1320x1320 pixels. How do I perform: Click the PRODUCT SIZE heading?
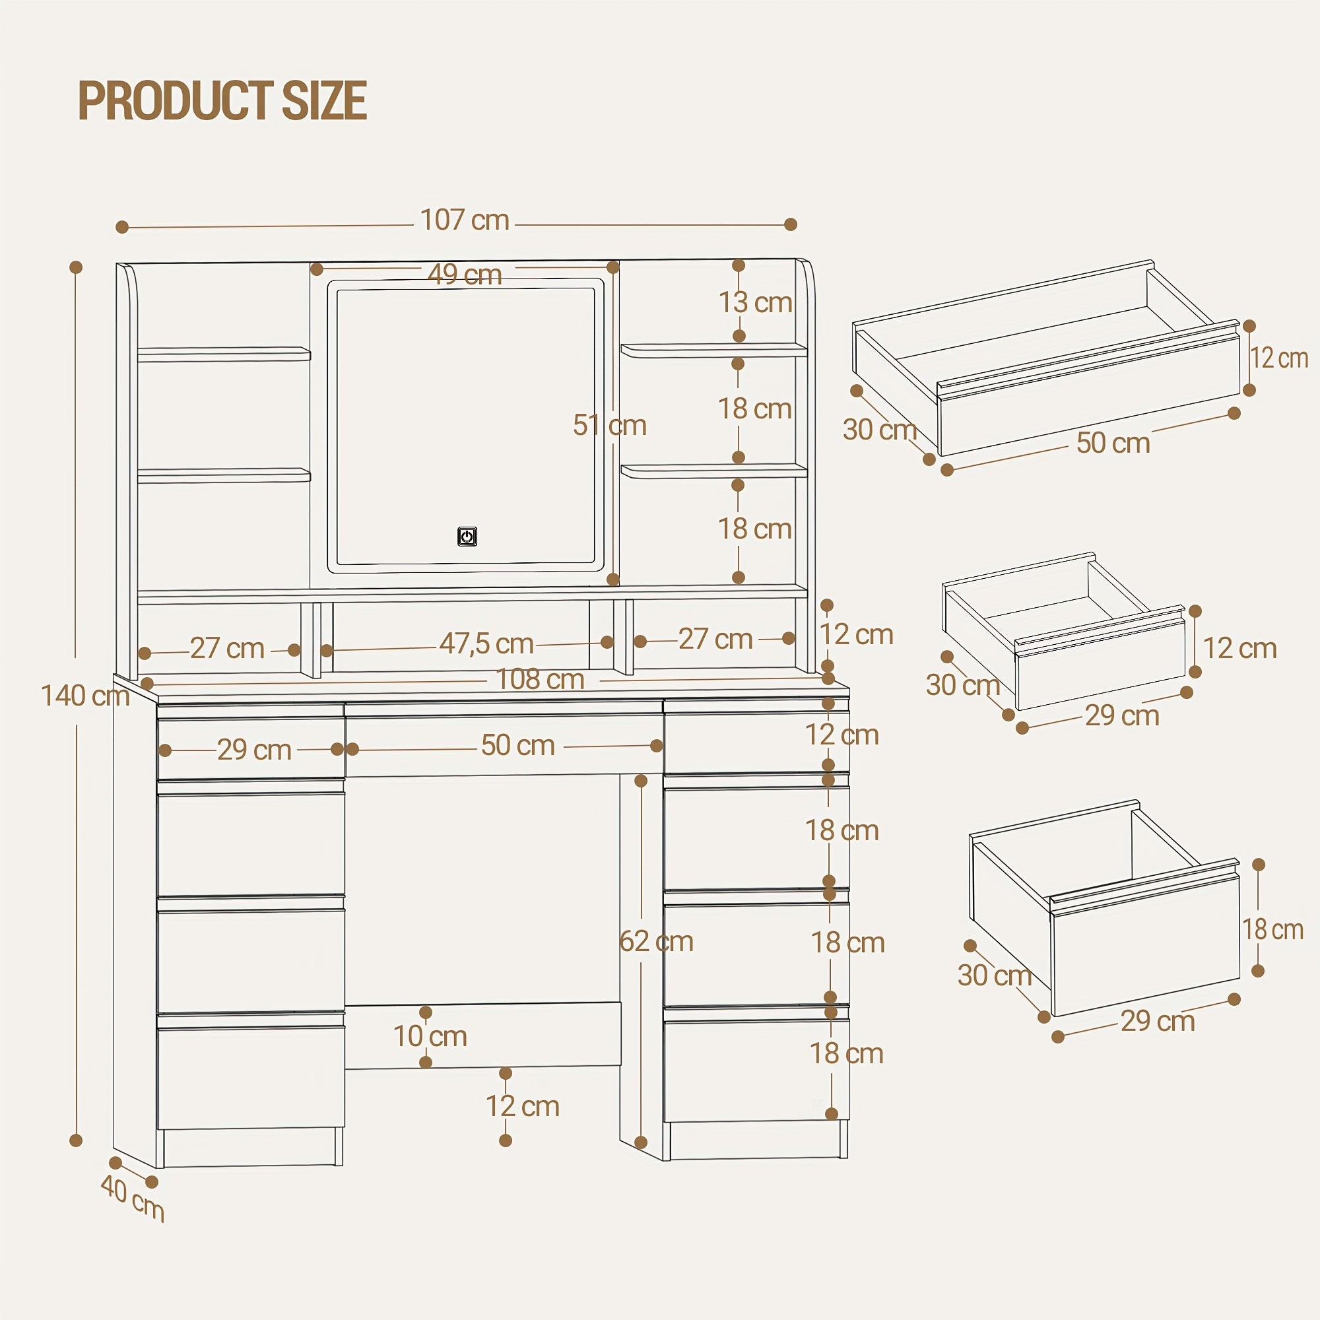click(x=222, y=100)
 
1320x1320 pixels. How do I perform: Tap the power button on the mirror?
click(x=467, y=537)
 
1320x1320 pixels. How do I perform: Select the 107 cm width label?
click(x=465, y=220)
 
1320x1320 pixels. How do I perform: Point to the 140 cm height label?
click(x=85, y=696)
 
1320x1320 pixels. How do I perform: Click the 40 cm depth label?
click(x=133, y=1206)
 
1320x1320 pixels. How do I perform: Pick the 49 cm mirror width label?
click(x=465, y=275)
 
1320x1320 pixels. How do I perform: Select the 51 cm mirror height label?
click(x=609, y=425)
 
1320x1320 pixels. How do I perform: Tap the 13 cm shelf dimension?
click(x=755, y=302)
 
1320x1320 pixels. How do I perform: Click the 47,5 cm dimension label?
click(x=486, y=643)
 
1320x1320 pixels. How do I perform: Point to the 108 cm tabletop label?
click(x=540, y=679)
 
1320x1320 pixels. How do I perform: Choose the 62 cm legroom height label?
click(x=657, y=942)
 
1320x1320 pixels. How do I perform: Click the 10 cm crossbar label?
click(x=430, y=1036)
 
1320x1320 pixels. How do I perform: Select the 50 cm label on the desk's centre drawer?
click(x=518, y=745)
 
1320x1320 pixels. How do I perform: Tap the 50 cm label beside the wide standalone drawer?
click(x=1113, y=443)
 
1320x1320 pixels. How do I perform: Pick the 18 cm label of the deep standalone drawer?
click(x=1273, y=929)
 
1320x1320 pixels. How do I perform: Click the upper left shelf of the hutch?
click(x=224, y=354)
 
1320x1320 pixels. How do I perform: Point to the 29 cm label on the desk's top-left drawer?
click(x=254, y=750)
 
